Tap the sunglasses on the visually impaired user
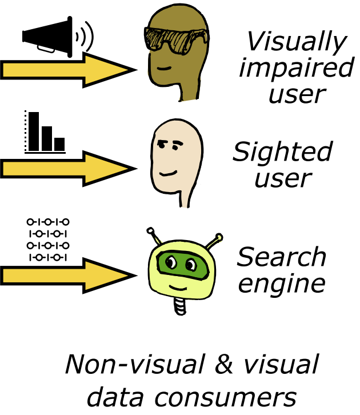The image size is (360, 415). tap(176, 38)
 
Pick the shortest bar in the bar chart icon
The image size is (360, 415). tap(59, 144)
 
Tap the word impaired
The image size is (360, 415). tap(297, 67)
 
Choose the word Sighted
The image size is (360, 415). tap(282, 152)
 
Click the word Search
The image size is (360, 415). tap(282, 257)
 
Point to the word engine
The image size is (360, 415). tap(282, 282)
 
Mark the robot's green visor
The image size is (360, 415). tap(181, 264)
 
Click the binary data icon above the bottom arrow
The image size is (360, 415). tap(48, 239)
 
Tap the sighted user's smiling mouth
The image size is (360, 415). tap(168, 171)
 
